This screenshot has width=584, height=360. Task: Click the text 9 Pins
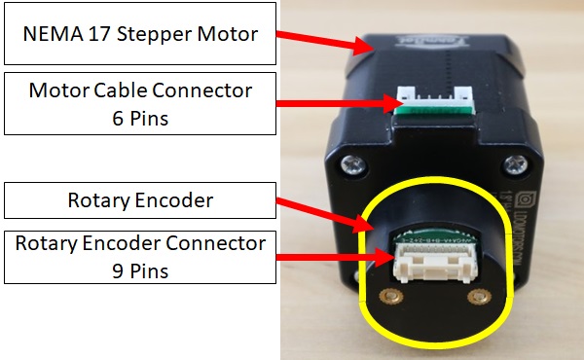140,270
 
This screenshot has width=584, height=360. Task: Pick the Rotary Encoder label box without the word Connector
140,200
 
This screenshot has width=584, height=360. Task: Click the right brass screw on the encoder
476,294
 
